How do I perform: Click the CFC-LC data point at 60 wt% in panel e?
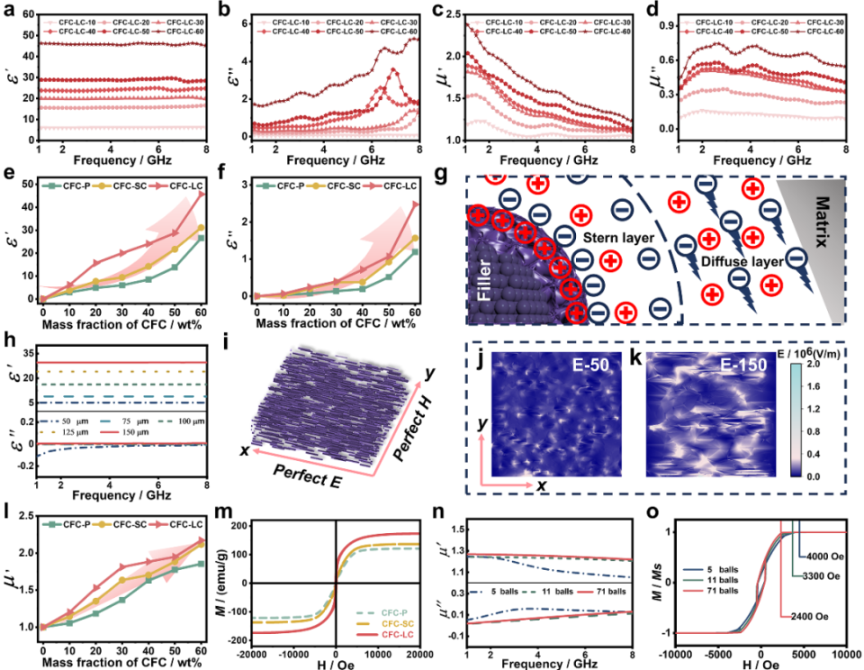coord(201,195)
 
